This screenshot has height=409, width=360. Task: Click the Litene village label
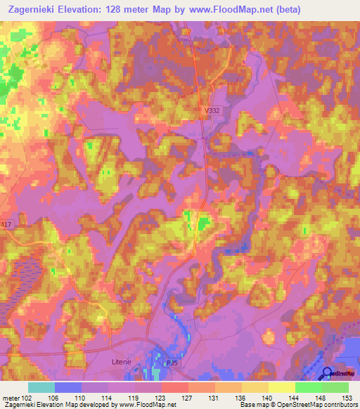(122, 361)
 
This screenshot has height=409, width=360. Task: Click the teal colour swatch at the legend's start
(41, 387)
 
